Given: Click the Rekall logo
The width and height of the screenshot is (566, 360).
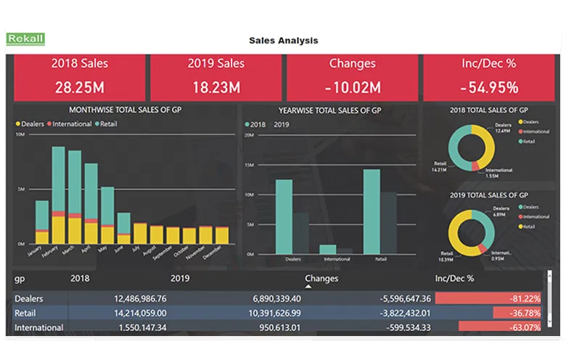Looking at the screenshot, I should [x=25, y=39].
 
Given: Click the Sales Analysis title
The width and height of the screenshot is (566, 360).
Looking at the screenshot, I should [x=283, y=41].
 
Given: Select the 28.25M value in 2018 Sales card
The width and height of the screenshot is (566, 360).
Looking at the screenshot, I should [x=79, y=88].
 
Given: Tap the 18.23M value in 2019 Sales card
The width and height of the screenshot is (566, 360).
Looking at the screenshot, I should [x=216, y=88].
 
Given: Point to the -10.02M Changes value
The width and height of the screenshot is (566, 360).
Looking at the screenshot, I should [x=352, y=88].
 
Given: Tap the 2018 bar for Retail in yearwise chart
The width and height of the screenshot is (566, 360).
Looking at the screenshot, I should [x=372, y=210].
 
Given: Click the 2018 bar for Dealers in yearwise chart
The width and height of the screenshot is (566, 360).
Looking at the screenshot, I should [x=284, y=216].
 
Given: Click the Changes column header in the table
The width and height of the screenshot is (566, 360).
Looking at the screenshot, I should [x=321, y=278].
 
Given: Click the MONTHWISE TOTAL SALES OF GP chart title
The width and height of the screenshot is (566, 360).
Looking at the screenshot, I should [x=125, y=110].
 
